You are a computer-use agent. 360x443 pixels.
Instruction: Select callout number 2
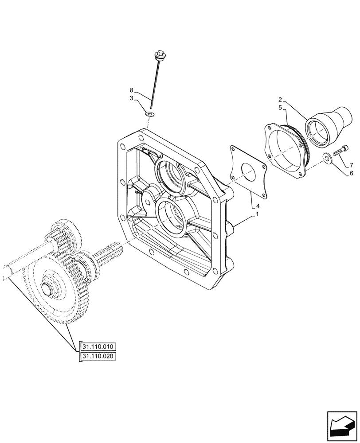[281, 100]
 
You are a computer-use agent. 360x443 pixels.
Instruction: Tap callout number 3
[132, 99]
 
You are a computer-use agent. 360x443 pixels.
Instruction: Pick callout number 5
[281, 107]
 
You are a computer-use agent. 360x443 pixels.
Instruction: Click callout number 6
[351, 173]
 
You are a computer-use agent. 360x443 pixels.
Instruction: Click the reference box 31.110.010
[98, 346]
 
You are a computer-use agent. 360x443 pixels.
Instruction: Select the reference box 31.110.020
[98, 356]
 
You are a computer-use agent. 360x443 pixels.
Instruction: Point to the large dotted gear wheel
[53, 292]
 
